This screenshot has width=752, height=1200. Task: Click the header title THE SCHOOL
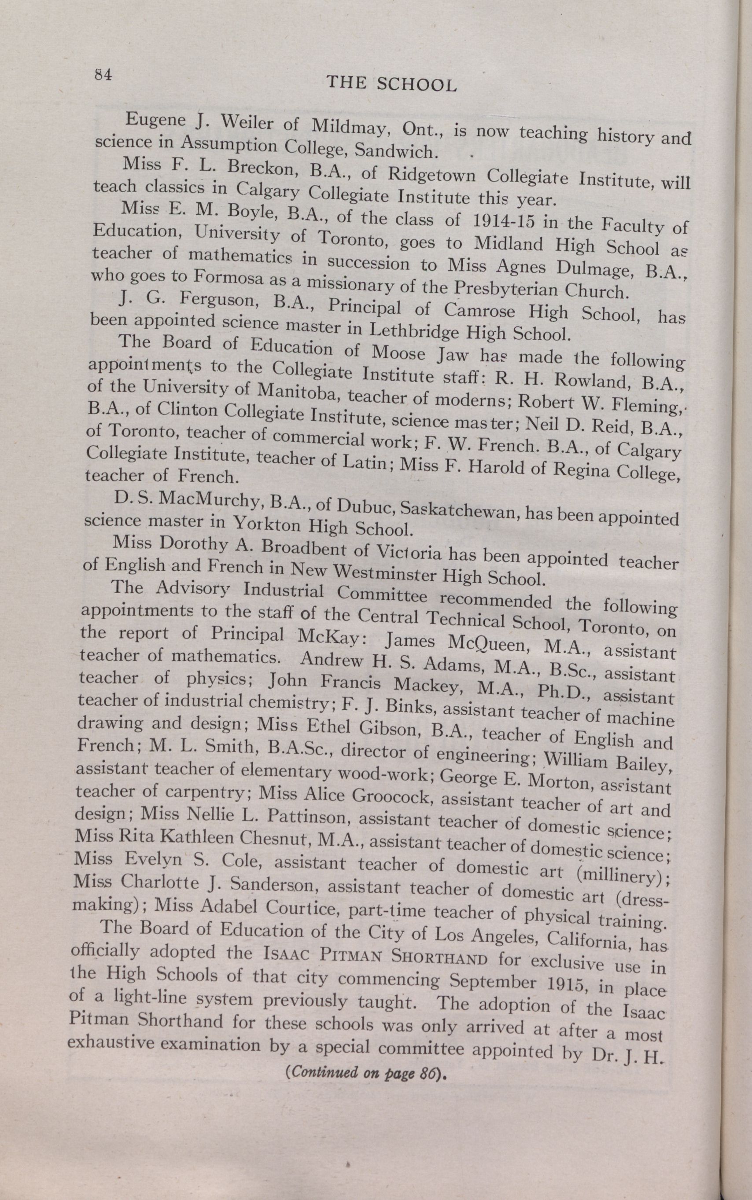391,84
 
